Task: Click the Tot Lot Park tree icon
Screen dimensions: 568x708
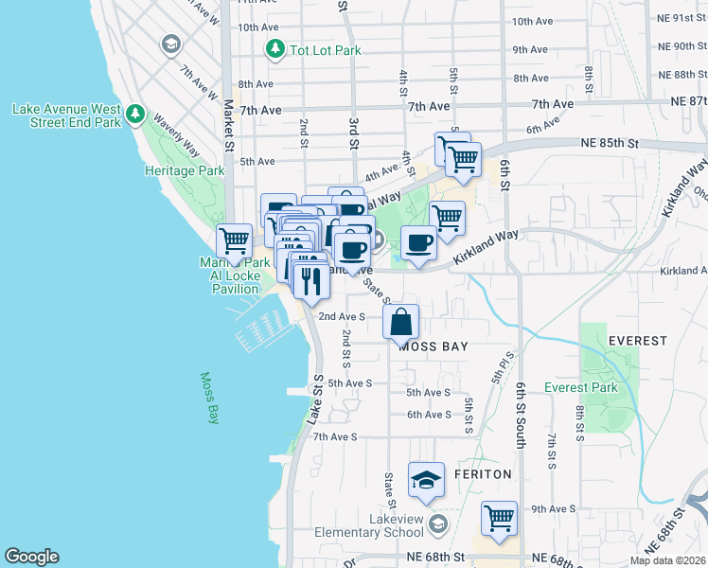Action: [275, 48]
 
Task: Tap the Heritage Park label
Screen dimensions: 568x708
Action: [185, 171]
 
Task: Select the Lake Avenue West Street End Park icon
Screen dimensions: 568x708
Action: [135, 115]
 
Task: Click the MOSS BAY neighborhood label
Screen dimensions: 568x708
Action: [434, 347]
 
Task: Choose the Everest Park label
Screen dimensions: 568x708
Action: [580, 387]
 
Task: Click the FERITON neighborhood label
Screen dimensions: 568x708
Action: [483, 473]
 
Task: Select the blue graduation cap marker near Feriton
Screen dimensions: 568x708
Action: [426, 480]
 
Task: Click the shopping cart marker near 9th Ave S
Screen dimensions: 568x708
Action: [499, 518]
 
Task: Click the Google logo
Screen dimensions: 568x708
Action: [31, 557]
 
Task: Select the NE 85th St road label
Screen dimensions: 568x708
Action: [609, 144]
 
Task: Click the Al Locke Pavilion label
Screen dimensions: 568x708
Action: [235, 275]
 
